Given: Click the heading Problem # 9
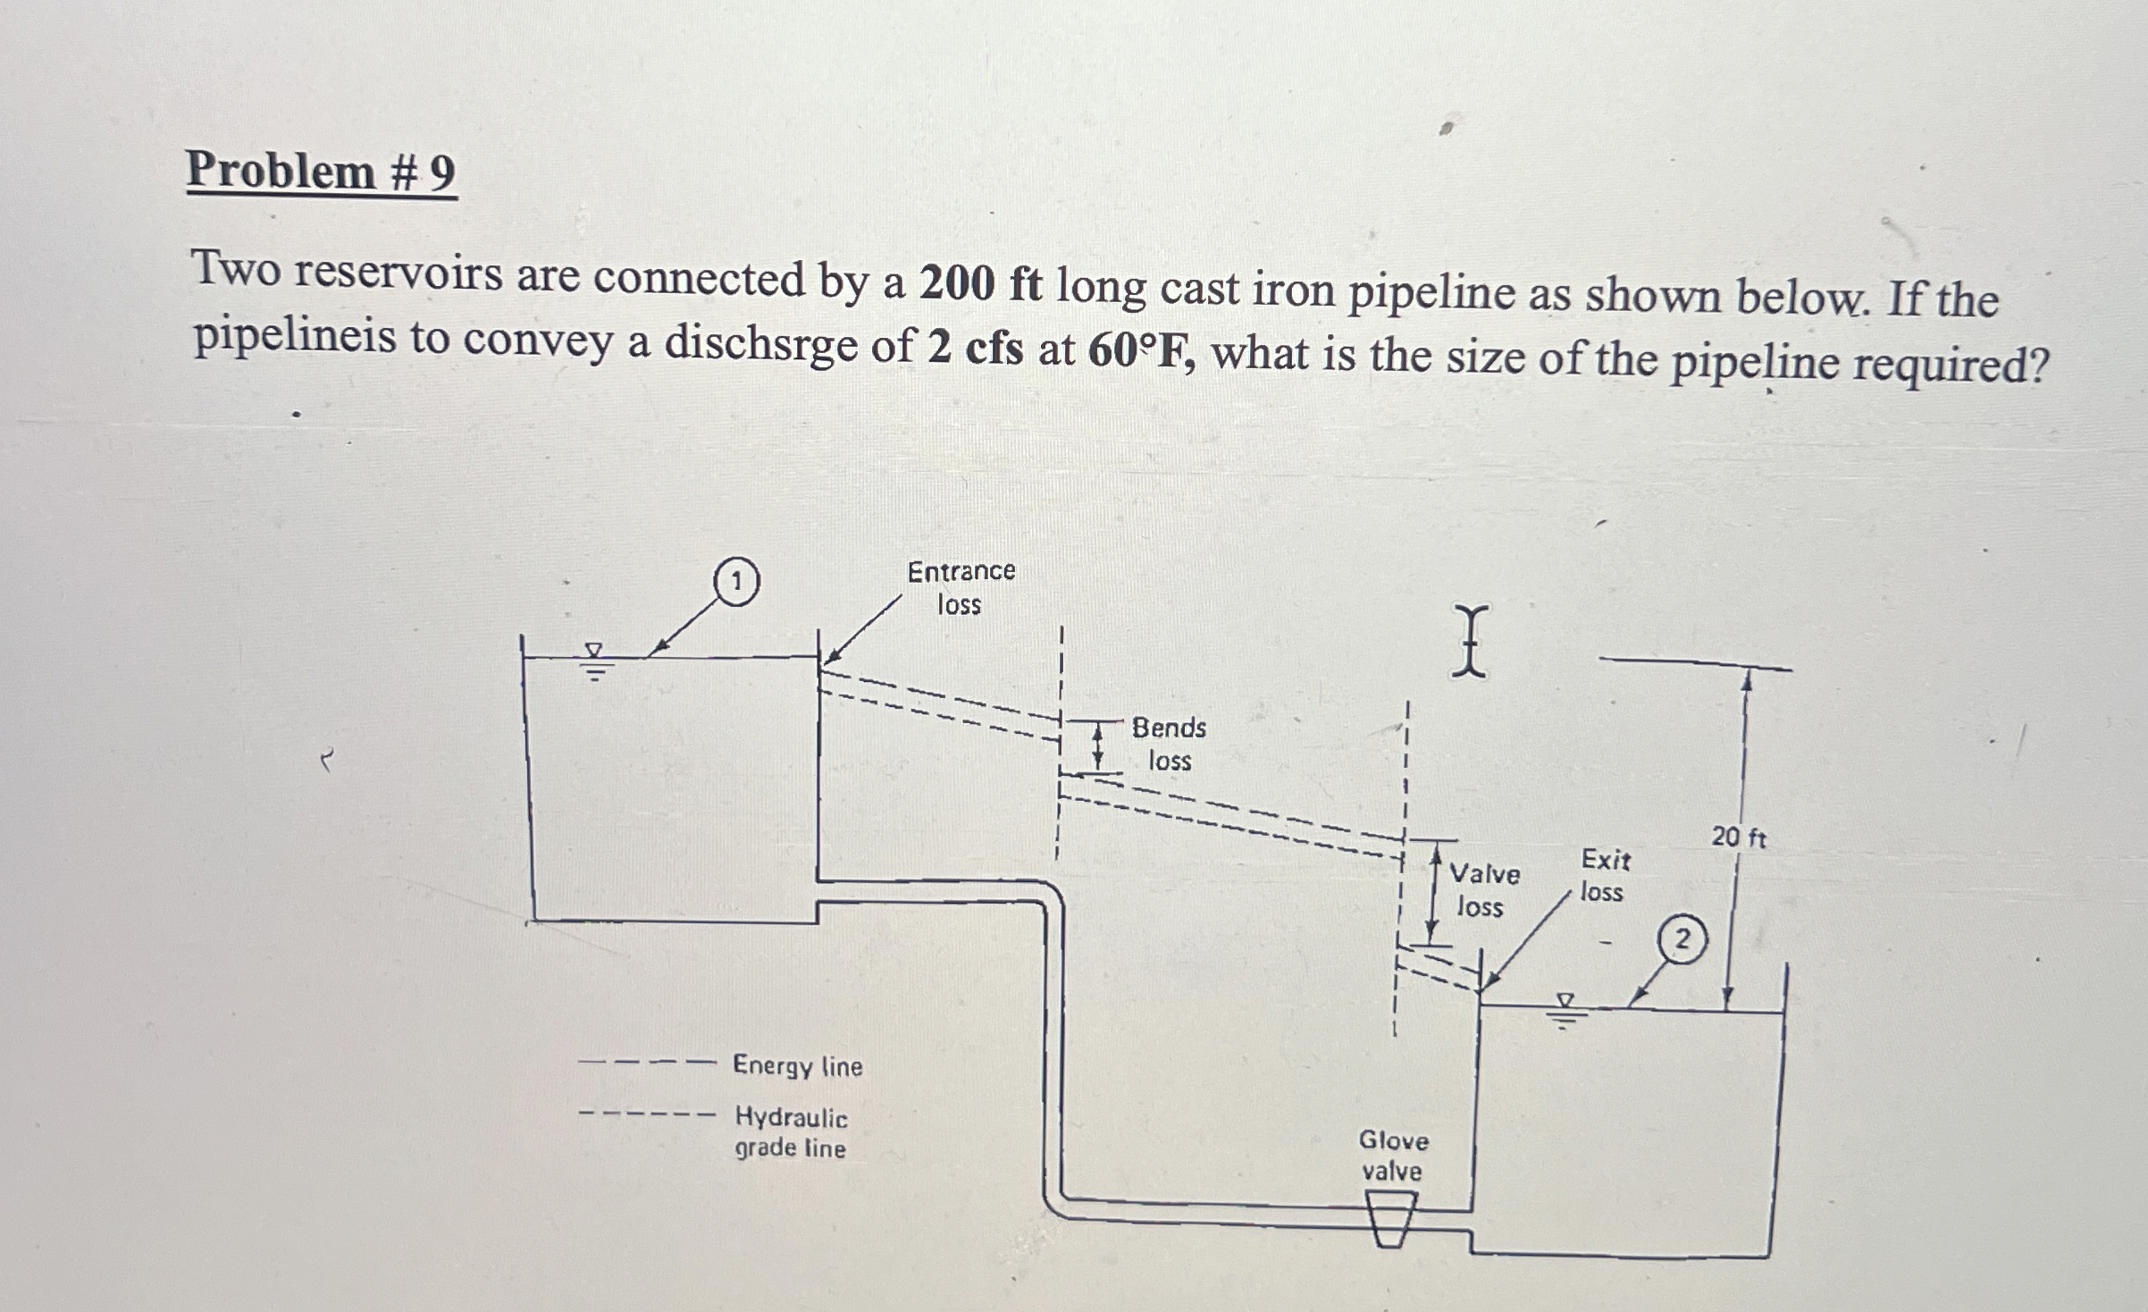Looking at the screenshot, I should pos(321,172).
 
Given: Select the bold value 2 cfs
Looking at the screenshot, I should pos(975,349).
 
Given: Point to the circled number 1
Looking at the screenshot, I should pos(735,583).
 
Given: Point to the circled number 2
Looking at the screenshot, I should pos(1682,941).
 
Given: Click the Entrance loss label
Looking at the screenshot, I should pos(961,587).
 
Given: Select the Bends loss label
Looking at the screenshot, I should pos(1169,744).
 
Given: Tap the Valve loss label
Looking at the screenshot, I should pos(1483,889).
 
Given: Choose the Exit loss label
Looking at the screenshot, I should pos(1605,875).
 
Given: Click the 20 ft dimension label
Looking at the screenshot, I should pos(1738,837).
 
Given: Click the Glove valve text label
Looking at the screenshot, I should pos(1393,1155).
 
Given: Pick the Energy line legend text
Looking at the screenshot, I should pos(797,1065).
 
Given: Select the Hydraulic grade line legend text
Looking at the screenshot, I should pos(791,1131).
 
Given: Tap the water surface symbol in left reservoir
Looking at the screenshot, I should pos(594,661).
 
